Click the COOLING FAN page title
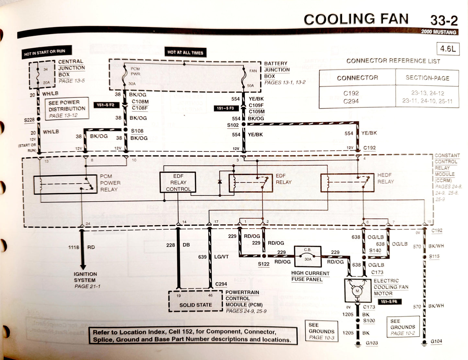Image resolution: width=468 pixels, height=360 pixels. [356, 19]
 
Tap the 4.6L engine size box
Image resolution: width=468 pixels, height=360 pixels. [448, 49]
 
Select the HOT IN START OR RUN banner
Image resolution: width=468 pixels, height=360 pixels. [44, 52]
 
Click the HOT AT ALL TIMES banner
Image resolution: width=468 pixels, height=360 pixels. [185, 52]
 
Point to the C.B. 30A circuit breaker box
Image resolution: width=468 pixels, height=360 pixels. [307, 254]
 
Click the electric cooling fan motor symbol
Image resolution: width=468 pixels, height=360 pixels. [358, 290]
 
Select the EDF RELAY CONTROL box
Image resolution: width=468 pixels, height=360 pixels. [178, 183]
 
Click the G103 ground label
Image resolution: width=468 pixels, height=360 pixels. [371, 343]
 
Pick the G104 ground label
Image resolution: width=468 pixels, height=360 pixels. [436, 341]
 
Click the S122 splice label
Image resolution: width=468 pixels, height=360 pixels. [264, 264]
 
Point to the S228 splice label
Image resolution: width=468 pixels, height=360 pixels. [29, 120]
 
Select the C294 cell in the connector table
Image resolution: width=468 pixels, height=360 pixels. [351, 101]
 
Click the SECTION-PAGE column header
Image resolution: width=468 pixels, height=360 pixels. [427, 78]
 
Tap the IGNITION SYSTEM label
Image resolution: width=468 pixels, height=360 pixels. [85, 277]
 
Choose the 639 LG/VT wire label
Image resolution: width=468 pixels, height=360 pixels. [213, 257]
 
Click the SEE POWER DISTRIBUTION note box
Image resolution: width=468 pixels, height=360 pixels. [67, 109]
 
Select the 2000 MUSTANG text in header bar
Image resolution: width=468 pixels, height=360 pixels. [439, 32]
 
